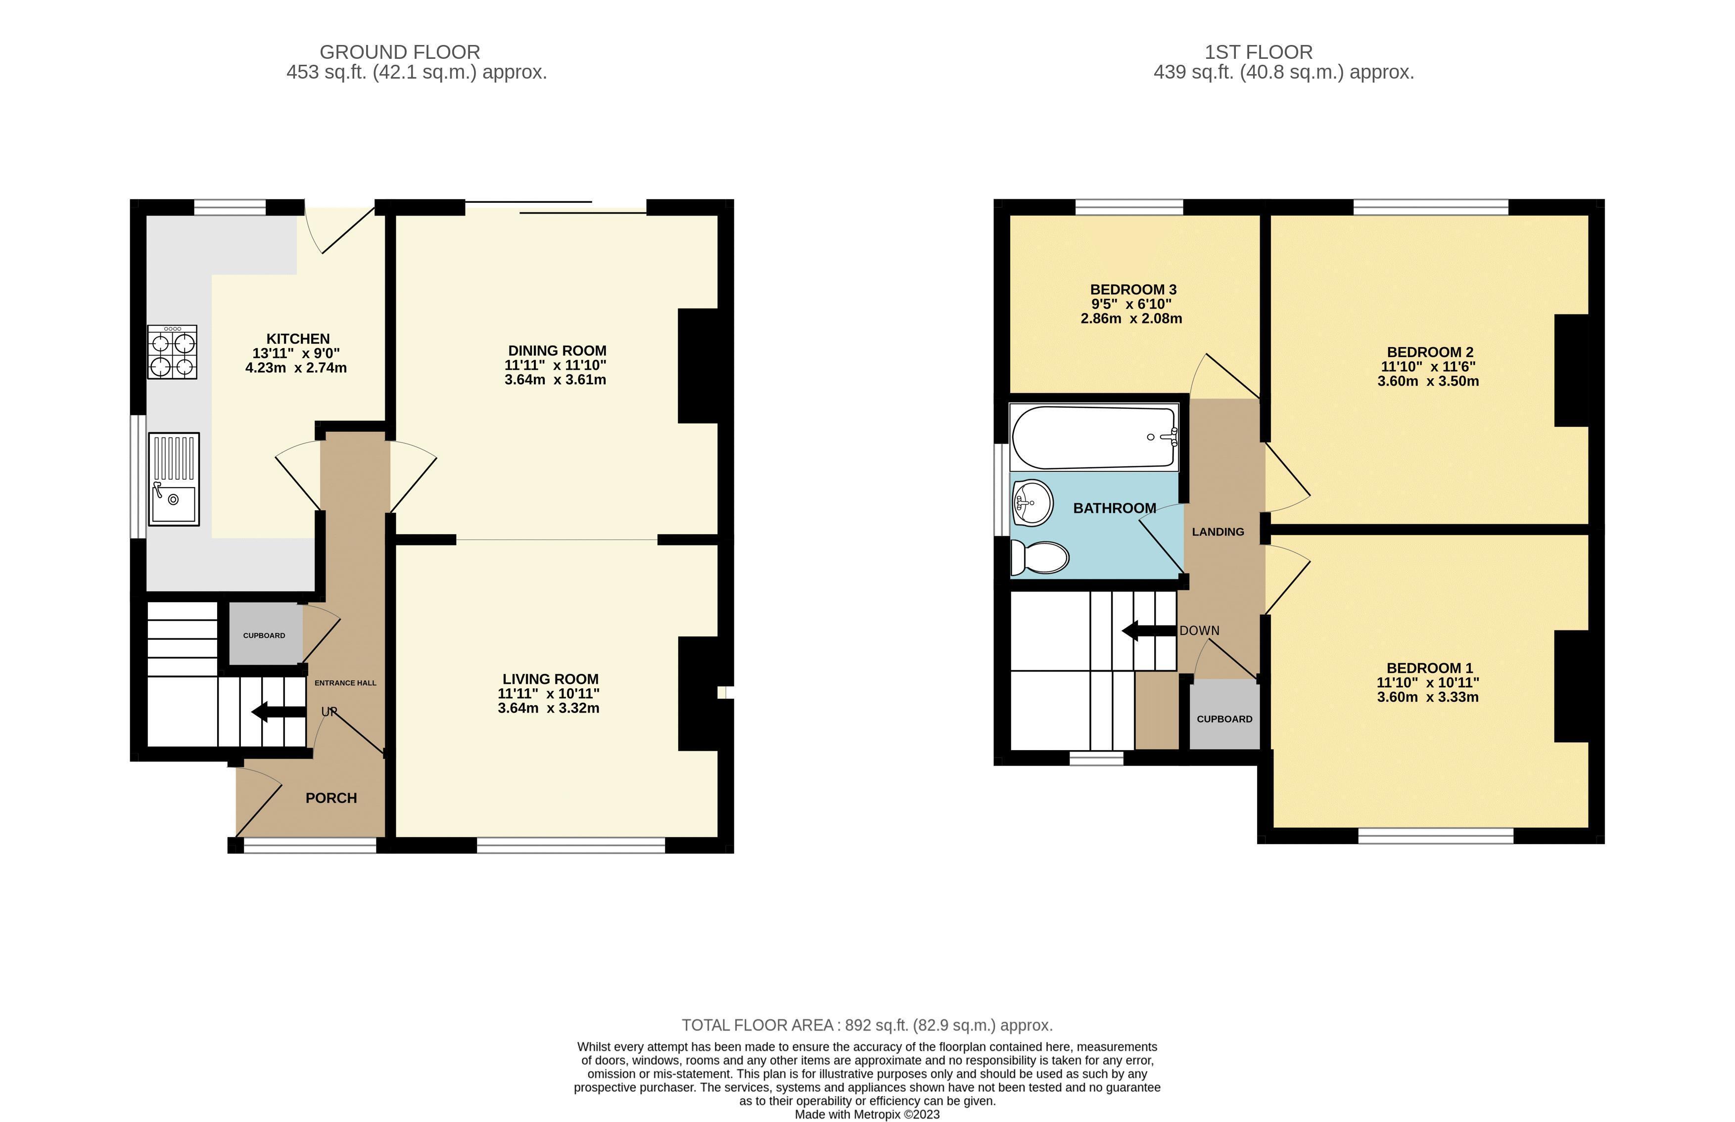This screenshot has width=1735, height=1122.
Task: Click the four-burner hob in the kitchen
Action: (x=172, y=352)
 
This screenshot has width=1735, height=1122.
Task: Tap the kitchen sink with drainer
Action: (x=174, y=479)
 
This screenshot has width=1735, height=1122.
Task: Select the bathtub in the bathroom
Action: (x=1094, y=437)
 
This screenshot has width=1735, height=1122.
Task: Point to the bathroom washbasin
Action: (x=1032, y=502)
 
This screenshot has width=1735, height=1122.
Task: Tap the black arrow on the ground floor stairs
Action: (x=279, y=712)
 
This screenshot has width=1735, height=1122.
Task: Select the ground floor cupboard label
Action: (x=264, y=635)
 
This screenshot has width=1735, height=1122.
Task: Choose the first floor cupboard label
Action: (x=1224, y=719)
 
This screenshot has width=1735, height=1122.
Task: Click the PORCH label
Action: (x=331, y=798)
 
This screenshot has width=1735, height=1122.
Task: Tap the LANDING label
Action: (x=1218, y=532)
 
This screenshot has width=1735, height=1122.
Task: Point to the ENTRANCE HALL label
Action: (x=345, y=683)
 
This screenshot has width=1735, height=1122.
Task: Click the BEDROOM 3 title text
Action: (x=1133, y=289)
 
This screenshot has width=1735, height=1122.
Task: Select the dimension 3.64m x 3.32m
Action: (x=549, y=708)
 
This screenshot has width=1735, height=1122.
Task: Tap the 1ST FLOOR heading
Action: (x=1259, y=52)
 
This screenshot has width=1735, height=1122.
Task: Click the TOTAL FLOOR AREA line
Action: (x=867, y=1025)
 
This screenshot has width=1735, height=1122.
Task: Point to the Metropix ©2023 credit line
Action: (x=867, y=1115)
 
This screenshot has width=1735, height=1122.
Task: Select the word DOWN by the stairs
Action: (x=1199, y=631)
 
